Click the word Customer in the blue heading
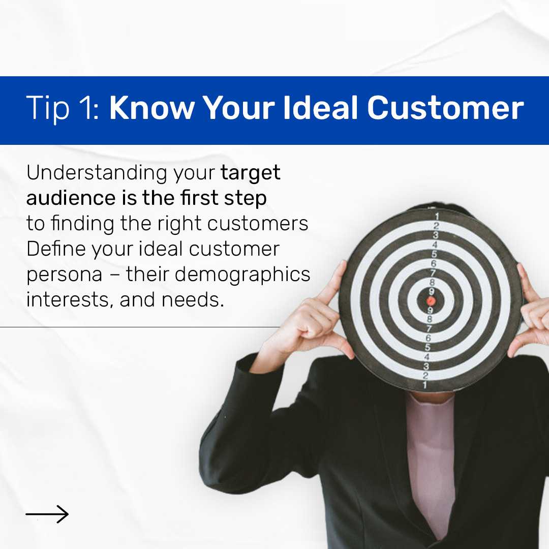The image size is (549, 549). [x=445, y=107]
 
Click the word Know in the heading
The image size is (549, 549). [x=152, y=107]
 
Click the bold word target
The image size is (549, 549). [x=250, y=173]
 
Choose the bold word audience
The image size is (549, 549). [x=71, y=198]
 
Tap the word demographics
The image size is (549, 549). [x=242, y=274]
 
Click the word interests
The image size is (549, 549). [x=70, y=300]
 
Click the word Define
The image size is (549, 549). [x=56, y=249]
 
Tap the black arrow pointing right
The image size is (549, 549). [x=47, y=514]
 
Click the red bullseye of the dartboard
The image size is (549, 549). [x=431, y=301]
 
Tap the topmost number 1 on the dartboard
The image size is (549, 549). [x=437, y=217]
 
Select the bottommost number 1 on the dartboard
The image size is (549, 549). [x=424, y=385]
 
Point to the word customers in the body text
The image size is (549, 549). [x=258, y=224]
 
